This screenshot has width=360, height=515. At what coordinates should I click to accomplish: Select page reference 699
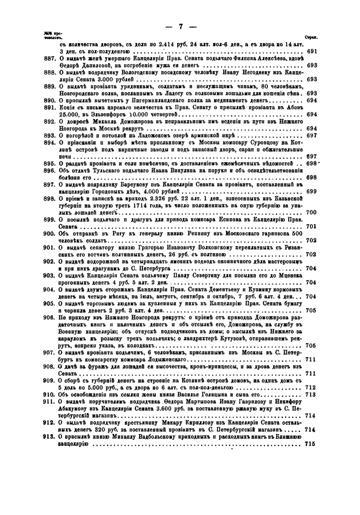click(x=312, y=191)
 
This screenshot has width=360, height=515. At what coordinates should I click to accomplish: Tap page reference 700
click(x=312, y=212)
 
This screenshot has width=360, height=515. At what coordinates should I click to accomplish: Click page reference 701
click(x=312, y=227)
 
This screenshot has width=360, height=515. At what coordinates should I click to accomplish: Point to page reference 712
click(x=312, y=388)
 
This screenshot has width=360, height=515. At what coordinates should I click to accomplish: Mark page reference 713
click(x=312, y=395)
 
